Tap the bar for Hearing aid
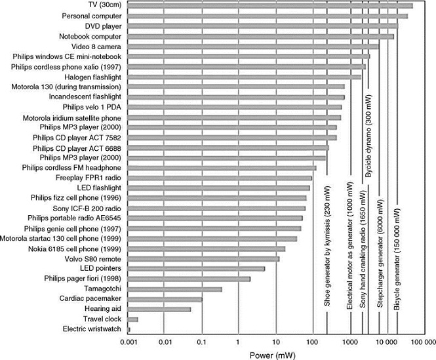(159, 309)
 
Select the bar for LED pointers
(196, 268)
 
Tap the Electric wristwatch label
(91, 329)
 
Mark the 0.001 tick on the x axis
(128, 342)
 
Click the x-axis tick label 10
(276, 342)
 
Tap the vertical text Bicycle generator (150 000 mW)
(397, 255)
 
